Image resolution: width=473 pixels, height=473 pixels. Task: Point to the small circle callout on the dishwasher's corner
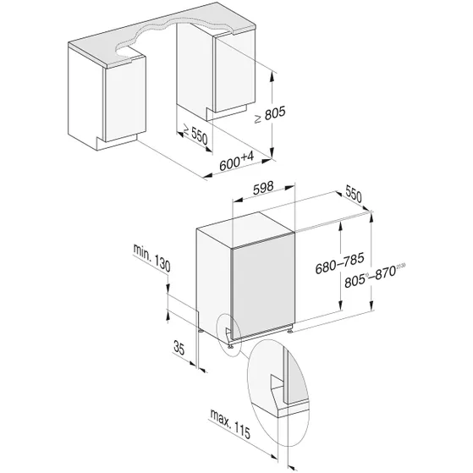point(229,332)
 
